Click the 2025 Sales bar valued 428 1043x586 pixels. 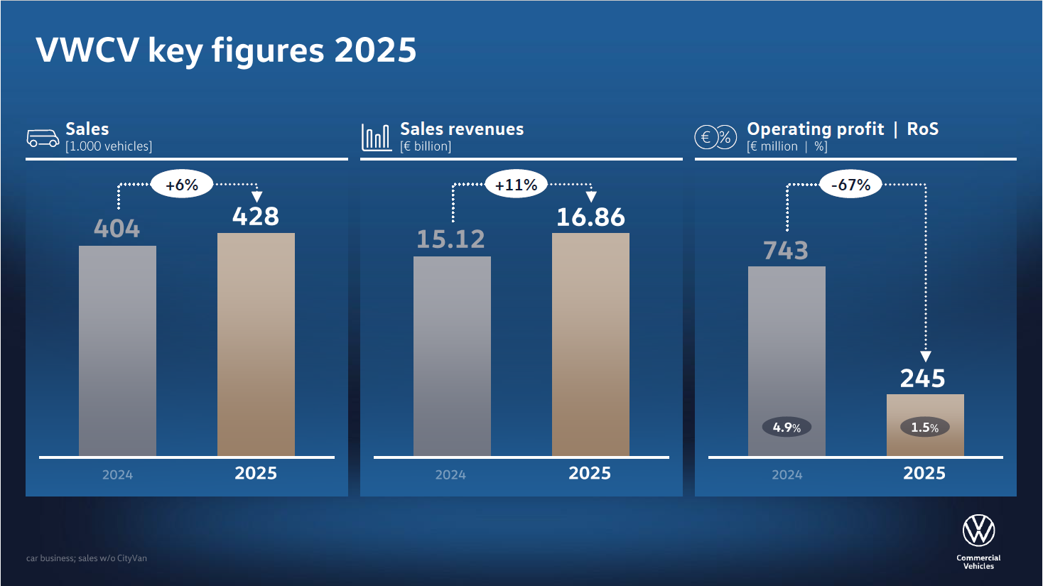click(x=256, y=344)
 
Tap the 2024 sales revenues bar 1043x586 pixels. click(x=452, y=355)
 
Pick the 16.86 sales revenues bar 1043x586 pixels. click(x=590, y=344)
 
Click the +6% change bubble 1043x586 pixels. click(x=182, y=185)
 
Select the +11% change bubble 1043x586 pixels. click(x=517, y=185)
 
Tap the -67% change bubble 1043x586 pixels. click(x=851, y=185)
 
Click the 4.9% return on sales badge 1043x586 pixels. click(x=787, y=428)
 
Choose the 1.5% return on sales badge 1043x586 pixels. click(x=925, y=428)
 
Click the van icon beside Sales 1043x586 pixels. click(x=43, y=138)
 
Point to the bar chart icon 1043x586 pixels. click(x=376, y=137)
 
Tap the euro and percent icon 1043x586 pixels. click(x=715, y=137)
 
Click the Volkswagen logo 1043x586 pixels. click(x=978, y=530)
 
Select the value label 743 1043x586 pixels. click(x=786, y=250)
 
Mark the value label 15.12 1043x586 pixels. click(x=450, y=239)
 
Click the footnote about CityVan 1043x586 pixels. click(x=87, y=558)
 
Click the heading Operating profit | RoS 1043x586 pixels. click(x=843, y=129)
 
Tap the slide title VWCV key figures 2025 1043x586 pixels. click(x=226, y=50)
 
